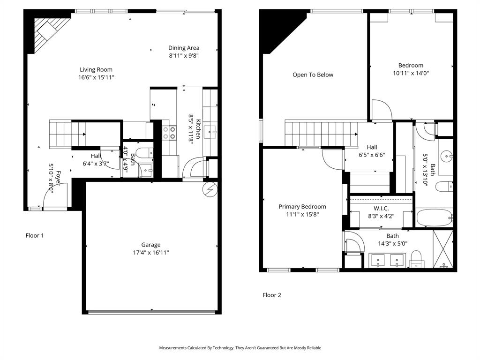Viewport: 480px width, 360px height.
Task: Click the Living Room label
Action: pos(96,70)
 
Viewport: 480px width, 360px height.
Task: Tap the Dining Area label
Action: pos(184,48)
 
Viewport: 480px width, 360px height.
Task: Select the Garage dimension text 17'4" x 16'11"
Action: pos(151,252)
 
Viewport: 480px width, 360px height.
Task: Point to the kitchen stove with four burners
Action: pos(169,133)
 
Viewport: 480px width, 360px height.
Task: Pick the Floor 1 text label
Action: pos(35,236)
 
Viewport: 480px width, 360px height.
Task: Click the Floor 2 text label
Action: pos(272,295)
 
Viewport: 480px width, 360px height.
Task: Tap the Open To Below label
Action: pos(313,75)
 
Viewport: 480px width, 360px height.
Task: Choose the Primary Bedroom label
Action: pos(302,207)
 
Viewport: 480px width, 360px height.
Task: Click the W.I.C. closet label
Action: pos(381,209)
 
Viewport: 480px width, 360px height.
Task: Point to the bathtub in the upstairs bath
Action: pos(434,217)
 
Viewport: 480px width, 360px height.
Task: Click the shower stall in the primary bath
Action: pos(444,250)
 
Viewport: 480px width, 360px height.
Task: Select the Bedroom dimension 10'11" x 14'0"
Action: pos(411,73)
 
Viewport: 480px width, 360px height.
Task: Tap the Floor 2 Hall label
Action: pos(372,147)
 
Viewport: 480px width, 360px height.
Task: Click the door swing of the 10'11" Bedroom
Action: pos(381,111)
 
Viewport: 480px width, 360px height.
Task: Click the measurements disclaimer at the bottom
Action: pos(240,348)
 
